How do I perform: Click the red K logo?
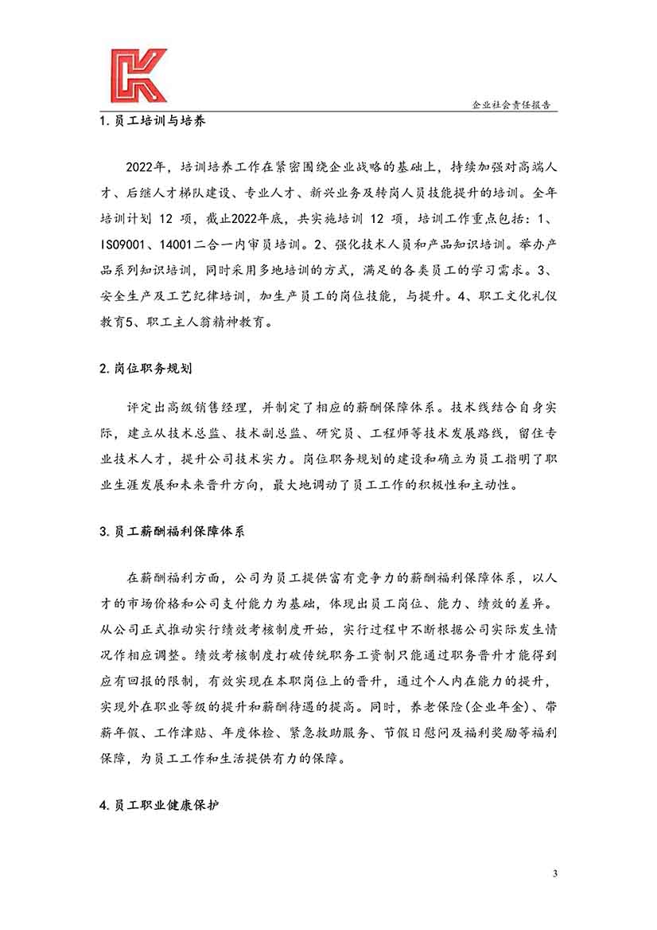click(138, 76)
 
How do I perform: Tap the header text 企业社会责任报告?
click(515, 104)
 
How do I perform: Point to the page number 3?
click(555, 874)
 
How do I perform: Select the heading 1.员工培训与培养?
click(154, 123)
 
